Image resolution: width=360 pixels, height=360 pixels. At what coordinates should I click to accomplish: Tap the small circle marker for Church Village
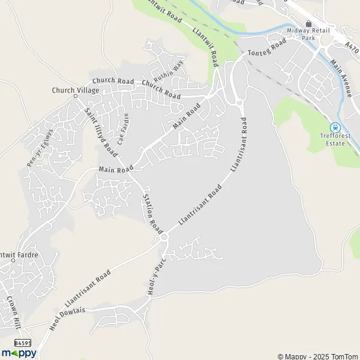[76, 95]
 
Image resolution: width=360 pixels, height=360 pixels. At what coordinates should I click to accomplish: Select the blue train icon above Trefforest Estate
[335, 127]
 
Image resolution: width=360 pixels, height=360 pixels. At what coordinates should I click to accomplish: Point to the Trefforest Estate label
[331, 140]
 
